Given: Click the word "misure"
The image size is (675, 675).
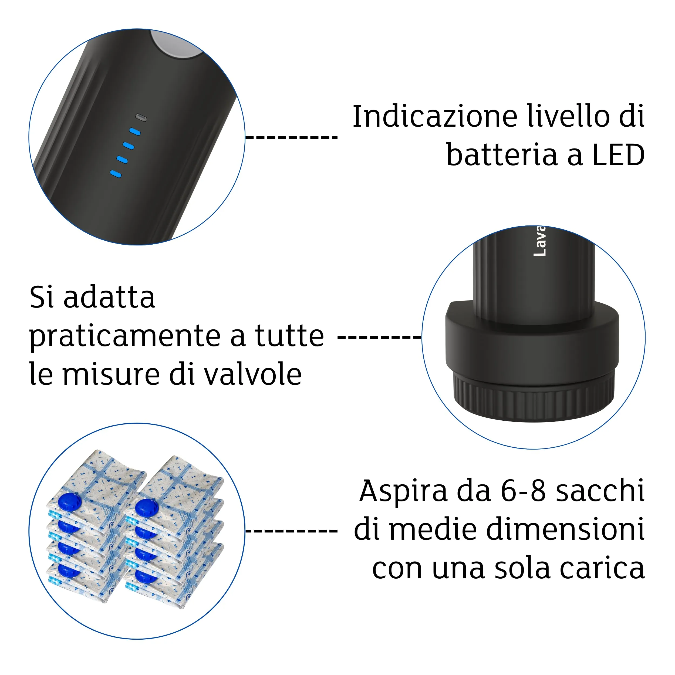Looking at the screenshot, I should click(x=111, y=374).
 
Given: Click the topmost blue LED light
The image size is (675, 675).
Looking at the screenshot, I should click(x=135, y=132).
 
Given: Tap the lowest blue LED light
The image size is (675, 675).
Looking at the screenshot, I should click(x=116, y=174).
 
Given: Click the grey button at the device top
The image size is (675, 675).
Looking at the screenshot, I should click(x=175, y=45).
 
